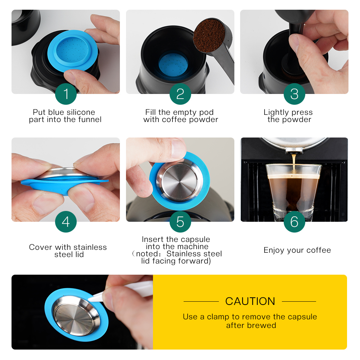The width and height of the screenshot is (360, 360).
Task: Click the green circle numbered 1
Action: (x=66, y=94)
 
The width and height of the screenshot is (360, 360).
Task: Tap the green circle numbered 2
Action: (x=180, y=94)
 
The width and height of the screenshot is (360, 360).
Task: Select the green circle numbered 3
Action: (x=294, y=94)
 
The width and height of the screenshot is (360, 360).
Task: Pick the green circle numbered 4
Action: (x=66, y=222)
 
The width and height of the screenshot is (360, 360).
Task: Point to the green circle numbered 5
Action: (x=180, y=222)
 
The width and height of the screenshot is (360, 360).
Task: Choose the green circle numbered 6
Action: (x=294, y=222)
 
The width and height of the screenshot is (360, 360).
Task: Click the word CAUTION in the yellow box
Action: (x=250, y=301)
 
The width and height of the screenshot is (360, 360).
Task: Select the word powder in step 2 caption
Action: (x=205, y=120)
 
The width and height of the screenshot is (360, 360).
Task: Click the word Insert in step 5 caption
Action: (x=153, y=239)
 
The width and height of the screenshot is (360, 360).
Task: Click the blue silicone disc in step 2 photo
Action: (x=173, y=63)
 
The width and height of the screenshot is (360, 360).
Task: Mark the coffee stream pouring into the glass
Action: (x=294, y=162)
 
